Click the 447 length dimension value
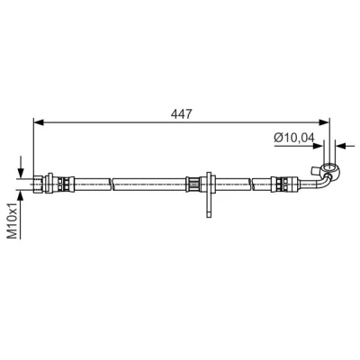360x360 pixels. (181, 114)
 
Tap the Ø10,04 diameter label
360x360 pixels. (294, 138)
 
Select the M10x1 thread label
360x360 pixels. (13, 220)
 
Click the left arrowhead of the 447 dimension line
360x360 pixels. (39, 122)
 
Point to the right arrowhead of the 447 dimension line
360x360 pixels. (324, 122)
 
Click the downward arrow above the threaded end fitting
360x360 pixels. (21, 166)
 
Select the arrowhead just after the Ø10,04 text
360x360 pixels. (319, 146)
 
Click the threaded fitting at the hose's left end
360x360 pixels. (39, 184)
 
